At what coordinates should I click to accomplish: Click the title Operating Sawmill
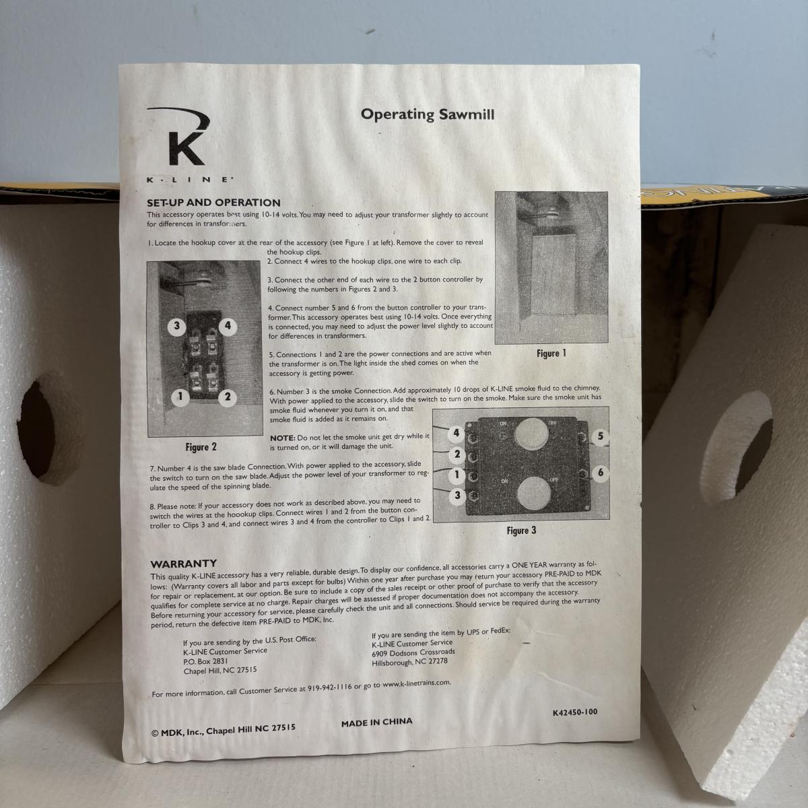[x=428, y=114]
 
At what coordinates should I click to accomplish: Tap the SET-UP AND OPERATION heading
[x=213, y=203]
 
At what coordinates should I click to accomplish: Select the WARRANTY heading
[x=184, y=564]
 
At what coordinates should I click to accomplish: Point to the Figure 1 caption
[x=551, y=353]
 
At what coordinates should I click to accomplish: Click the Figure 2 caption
[x=201, y=447]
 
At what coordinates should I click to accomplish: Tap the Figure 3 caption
[x=521, y=531]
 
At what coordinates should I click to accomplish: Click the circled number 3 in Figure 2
[x=177, y=326]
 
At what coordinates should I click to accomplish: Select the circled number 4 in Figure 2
[x=228, y=325]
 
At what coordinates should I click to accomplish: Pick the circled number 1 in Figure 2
[x=180, y=397]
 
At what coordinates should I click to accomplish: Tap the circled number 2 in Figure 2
[x=228, y=397]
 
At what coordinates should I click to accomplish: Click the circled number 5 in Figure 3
[x=601, y=436]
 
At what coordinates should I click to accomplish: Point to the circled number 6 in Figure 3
[x=601, y=473]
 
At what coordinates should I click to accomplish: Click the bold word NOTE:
[x=283, y=438]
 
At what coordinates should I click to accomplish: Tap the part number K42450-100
[x=575, y=712]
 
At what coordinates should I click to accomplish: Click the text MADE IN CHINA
[x=376, y=722]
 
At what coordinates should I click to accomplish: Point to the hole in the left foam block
[x=36, y=429]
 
